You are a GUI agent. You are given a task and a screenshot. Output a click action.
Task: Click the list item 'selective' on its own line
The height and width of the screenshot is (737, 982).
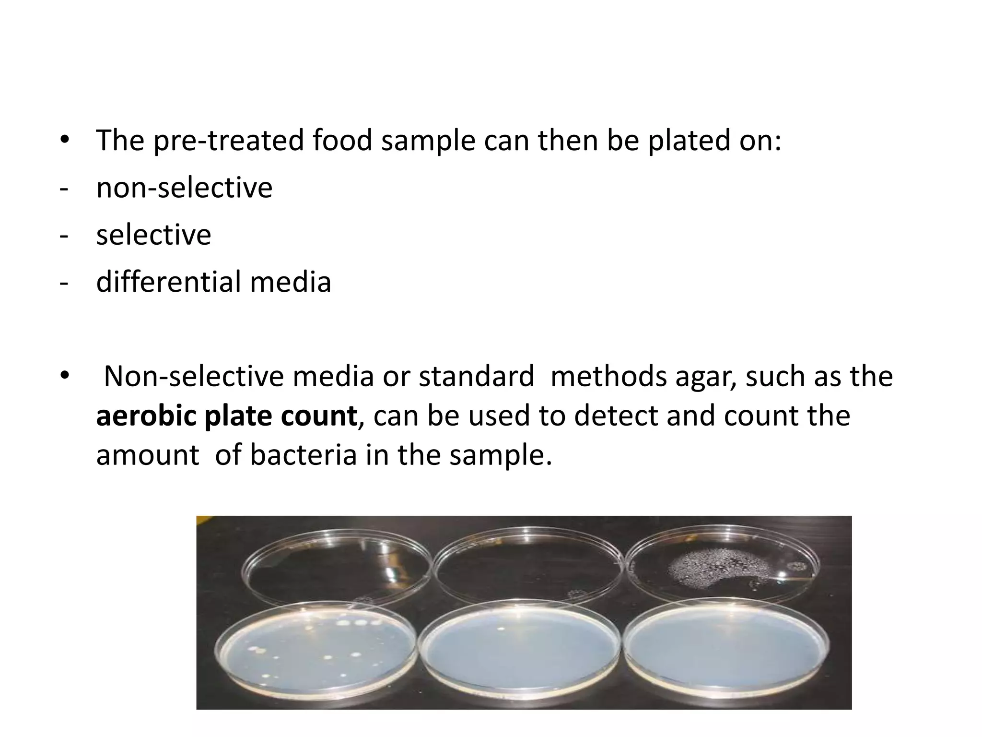[x=153, y=235]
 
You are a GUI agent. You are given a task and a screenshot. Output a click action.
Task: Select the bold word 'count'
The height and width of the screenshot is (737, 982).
[x=318, y=416]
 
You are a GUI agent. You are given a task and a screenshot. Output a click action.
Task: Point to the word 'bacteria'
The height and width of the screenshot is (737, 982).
[x=303, y=455]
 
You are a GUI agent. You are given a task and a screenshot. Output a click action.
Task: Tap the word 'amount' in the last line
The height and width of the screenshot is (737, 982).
[x=147, y=455]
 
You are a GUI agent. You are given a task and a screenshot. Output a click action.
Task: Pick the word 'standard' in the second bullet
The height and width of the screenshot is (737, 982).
[x=477, y=376]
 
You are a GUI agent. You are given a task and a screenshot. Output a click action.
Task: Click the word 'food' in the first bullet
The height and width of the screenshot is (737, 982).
[x=342, y=141]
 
